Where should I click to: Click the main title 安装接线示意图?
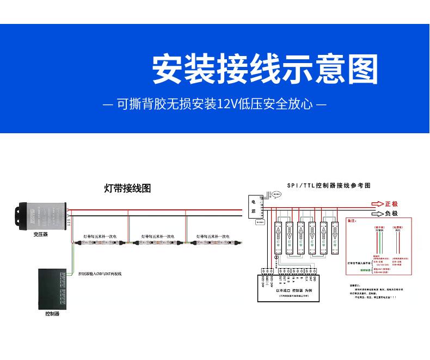(265, 69)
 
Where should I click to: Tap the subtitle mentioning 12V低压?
(214, 103)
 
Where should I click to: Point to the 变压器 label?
(41, 234)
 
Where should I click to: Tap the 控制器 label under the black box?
(52, 314)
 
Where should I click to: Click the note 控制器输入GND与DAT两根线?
(100, 274)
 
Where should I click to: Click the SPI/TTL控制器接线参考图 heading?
(329, 185)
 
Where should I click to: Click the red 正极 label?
(391, 204)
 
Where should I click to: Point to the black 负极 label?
(391, 214)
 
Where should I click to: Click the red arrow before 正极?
(377, 204)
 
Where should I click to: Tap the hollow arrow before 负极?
(377, 214)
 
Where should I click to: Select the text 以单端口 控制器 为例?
(292, 291)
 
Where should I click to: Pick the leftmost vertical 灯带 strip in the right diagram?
(276, 234)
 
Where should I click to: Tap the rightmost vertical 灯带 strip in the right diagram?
(336, 234)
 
